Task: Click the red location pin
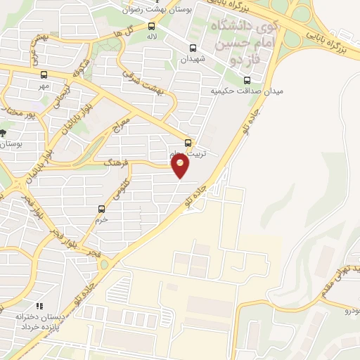click(x=181, y=166)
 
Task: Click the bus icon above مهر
click(x=45, y=74)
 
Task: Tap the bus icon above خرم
click(x=102, y=209)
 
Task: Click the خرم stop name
click(x=102, y=219)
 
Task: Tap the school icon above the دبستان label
click(x=40, y=307)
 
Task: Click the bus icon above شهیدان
click(x=193, y=49)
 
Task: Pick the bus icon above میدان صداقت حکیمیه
click(x=247, y=80)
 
